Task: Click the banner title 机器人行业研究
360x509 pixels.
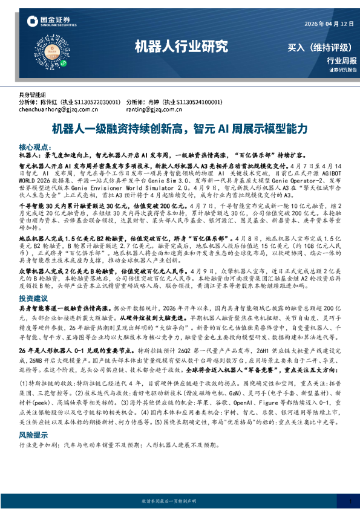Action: click(180, 46)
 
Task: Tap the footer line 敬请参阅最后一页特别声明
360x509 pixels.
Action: click(180, 501)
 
